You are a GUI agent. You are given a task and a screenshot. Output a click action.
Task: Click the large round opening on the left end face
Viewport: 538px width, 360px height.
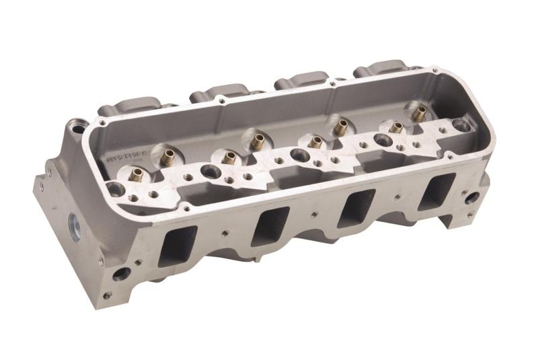pyautogui.click(x=73, y=223)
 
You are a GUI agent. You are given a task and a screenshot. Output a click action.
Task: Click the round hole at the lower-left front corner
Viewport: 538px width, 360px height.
pyautogui.click(x=122, y=274)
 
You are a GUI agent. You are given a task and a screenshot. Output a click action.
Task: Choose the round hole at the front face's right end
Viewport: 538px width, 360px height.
pyautogui.click(x=473, y=198)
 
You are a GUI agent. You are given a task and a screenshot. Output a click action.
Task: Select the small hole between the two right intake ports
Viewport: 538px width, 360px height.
pyautogui.click(x=397, y=199)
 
